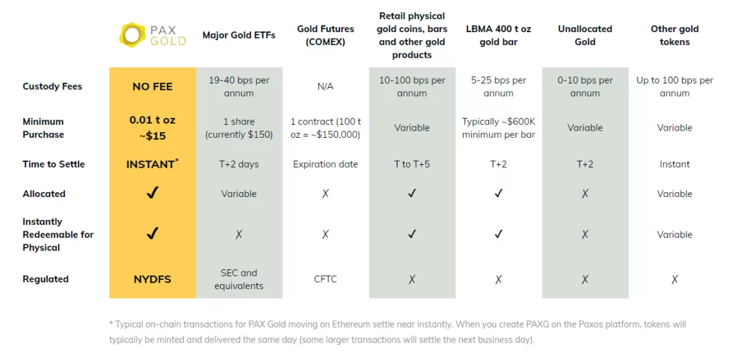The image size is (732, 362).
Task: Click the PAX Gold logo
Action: pos(152,35)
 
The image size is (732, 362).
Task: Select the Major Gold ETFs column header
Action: pos(239,35)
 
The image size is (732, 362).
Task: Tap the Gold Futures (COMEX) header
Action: pos(325,35)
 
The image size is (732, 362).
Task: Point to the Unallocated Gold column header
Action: pos(585,35)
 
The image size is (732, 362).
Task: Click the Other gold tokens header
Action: pos(674,35)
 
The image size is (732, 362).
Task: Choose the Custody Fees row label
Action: pos(52,86)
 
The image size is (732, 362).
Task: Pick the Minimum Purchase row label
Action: pos(43,128)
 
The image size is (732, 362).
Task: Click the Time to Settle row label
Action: pos(54,164)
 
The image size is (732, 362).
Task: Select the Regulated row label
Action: pos(46,279)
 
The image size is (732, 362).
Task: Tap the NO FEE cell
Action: pos(152,86)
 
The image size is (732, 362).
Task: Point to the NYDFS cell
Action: pos(152,279)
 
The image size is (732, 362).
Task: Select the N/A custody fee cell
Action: pos(325,86)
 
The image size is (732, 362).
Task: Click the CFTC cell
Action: pos(325,279)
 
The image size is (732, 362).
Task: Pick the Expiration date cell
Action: pos(325,164)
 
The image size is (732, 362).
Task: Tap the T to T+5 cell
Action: pos(412,164)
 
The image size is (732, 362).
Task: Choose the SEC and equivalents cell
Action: pos(239,279)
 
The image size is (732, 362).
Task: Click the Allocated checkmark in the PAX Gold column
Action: pos(152,193)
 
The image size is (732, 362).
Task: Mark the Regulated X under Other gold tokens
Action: pos(674,280)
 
